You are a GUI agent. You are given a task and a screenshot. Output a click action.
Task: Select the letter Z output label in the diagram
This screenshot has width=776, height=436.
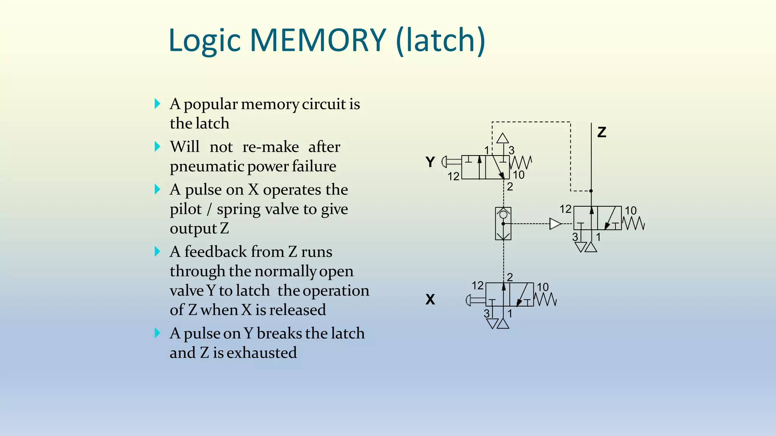(x=602, y=132)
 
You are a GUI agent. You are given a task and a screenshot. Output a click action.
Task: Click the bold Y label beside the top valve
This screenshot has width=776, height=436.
(x=430, y=162)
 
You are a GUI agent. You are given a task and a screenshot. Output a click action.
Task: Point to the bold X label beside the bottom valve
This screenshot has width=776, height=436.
(x=430, y=300)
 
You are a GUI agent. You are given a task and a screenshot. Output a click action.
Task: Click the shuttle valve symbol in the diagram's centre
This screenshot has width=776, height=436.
(x=503, y=223)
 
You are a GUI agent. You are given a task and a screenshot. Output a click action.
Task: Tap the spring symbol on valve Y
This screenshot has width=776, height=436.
(x=521, y=163)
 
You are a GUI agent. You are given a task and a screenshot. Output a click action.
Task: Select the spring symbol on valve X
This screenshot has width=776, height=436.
(x=546, y=300)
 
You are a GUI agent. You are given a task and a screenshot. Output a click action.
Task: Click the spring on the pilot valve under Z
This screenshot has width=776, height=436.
(x=634, y=223)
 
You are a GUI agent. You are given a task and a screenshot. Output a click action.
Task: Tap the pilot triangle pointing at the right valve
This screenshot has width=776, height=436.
(x=555, y=224)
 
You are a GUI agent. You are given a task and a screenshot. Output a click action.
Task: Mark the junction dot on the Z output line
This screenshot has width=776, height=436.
(x=591, y=191)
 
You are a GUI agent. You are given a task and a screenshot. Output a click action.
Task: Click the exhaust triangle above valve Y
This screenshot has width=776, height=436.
(x=502, y=138)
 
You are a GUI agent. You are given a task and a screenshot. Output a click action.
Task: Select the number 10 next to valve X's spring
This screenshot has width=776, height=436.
(x=543, y=287)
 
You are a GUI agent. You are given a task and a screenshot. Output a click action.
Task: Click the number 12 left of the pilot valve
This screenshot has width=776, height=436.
(x=565, y=209)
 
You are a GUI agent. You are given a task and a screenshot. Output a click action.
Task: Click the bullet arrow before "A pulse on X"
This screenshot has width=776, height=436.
(x=158, y=189)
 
